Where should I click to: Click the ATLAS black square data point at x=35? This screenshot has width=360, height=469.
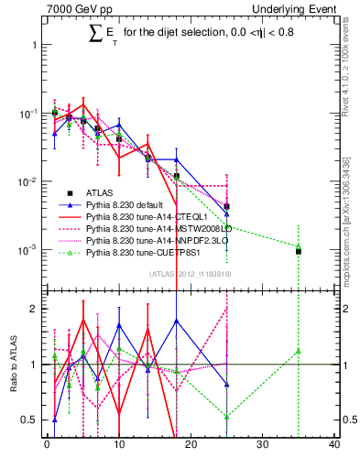pos(299,251)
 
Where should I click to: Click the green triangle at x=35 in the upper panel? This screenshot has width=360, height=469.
pos(299,245)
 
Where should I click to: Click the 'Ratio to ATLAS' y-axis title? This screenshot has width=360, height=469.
pos(12,364)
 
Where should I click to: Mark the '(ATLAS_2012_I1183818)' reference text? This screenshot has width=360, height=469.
pos(191,273)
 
